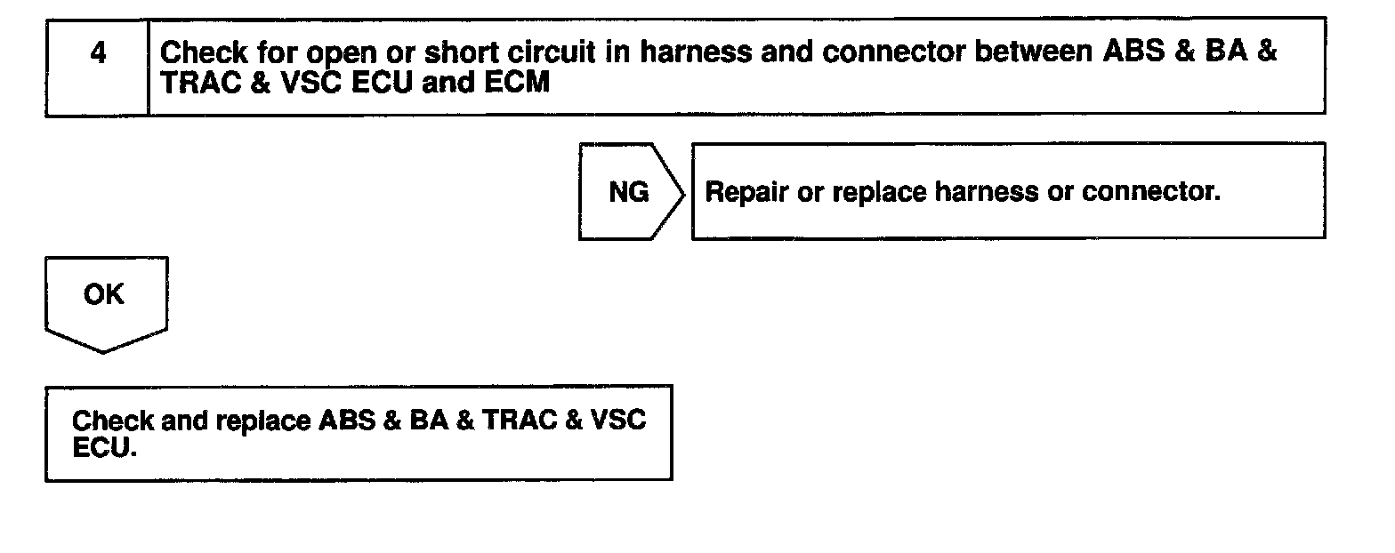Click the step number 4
pos(98,53)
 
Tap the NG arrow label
pos(628,192)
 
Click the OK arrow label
pos(104,296)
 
